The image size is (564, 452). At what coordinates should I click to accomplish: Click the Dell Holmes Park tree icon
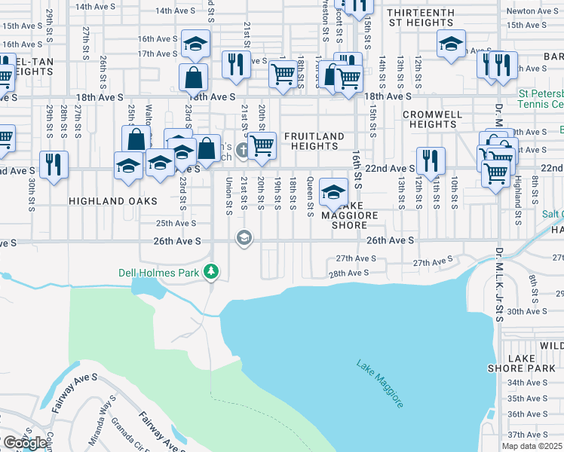click(213, 271)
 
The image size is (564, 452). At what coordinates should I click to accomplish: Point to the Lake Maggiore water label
click(379, 383)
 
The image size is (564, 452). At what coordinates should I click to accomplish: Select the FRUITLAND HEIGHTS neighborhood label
click(314, 142)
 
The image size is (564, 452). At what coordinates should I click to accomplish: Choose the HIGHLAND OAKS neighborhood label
click(113, 201)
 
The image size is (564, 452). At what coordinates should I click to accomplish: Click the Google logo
click(24, 443)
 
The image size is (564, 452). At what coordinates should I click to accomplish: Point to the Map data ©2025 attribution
click(530, 447)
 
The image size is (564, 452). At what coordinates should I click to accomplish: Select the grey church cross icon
click(242, 150)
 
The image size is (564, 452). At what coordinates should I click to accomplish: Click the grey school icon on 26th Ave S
click(244, 239)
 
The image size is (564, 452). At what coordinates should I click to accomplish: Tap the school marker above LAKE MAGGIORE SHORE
click(333, 191)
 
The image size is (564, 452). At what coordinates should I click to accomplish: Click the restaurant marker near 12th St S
click(431, 160)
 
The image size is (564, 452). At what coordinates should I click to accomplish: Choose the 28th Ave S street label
click(348, 273)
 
